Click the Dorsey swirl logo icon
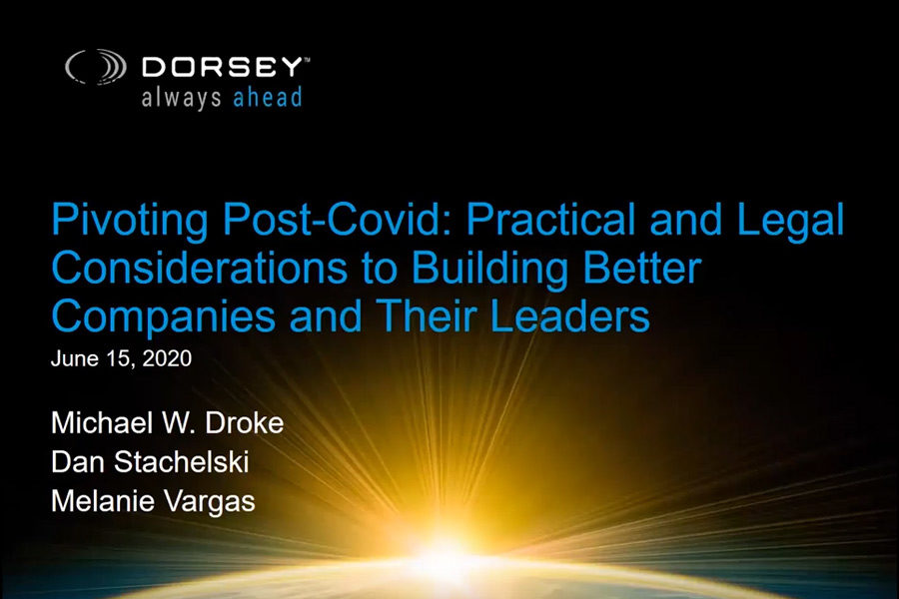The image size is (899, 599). click(96, 68)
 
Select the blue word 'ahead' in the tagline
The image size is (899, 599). click(266, 97)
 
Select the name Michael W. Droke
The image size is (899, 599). click(167, 423)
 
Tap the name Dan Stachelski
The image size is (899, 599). click(151, 462)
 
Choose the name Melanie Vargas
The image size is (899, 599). click(153, 501)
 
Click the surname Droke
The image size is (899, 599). click(244, 423)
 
